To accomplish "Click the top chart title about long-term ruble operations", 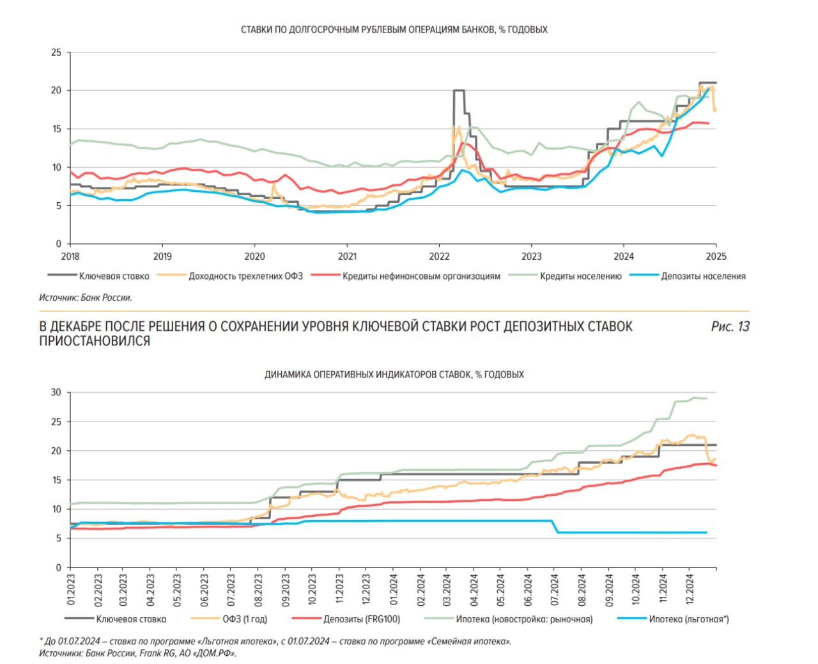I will (394, 29).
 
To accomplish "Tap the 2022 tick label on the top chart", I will (439, 257).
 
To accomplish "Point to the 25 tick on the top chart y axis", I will (57, 52).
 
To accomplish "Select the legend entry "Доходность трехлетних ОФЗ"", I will (245, 276).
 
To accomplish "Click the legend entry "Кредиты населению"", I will (580, 276).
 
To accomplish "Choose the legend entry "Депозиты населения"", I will (703, 276).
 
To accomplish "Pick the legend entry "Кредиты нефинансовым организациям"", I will (421, 276).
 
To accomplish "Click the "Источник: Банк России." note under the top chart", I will (86, 297).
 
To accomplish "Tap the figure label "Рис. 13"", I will (730, 327).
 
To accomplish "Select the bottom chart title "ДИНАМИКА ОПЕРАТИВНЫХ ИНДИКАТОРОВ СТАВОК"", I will (394, 375).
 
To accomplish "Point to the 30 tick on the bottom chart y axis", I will (57, 393).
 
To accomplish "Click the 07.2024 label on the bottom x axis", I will (555, 589).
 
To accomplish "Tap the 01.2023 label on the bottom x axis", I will (71, 589).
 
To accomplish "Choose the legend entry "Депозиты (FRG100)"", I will (362, 619).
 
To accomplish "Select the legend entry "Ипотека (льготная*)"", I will (689, 619).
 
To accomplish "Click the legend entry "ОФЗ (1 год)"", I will (245, 619).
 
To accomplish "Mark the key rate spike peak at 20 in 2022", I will (458, 91).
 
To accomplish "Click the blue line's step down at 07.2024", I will (555, 526).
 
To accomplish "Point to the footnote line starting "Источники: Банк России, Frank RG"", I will (137, 653).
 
